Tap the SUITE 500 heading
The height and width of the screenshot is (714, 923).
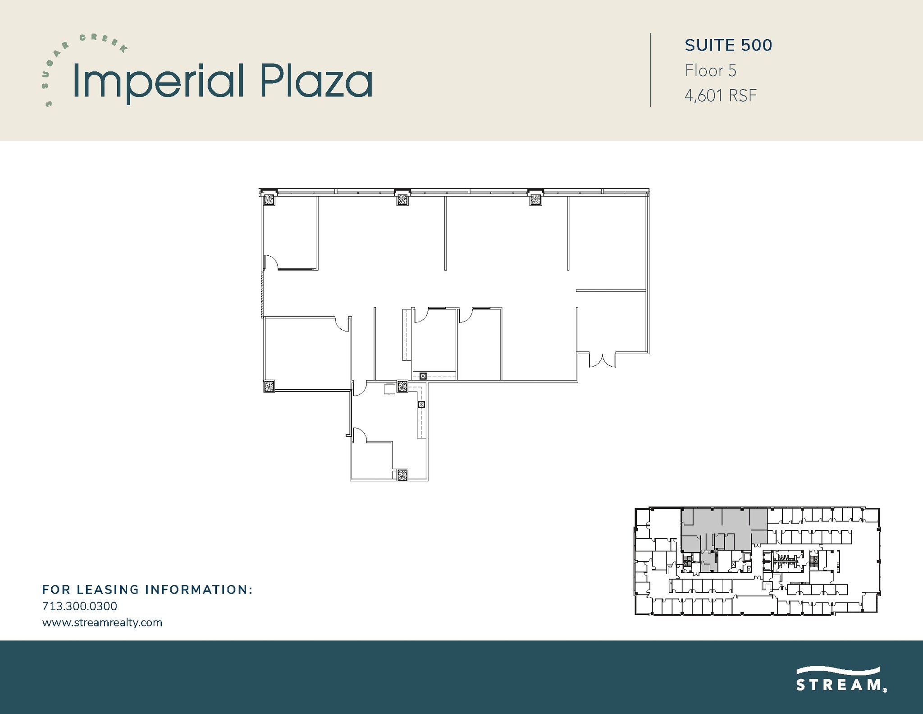[x=728, y=45]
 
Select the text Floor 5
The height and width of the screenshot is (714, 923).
[x=710, y=70]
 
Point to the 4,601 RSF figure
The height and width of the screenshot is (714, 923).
[x=720, y=96]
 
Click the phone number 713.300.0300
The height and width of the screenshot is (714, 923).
[x=79, y=606]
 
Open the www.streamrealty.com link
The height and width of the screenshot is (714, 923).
[x=102, y=622]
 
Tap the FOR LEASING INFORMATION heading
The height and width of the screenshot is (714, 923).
[x=147, y=590]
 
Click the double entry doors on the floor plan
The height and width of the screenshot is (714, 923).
[x=603, y=360]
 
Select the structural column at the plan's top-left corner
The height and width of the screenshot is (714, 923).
[x=270, y=199]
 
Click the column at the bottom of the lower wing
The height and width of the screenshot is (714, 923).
[x=402, y=474]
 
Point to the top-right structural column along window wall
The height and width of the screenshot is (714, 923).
[x=535, y=198]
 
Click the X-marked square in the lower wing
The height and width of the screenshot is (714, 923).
[x=421, y=405]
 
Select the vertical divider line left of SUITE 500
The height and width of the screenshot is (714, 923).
[x=650, y=70]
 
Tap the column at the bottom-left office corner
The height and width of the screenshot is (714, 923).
[x=269, y=386]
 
